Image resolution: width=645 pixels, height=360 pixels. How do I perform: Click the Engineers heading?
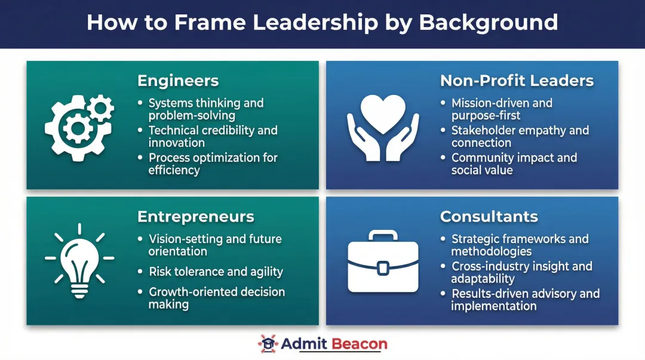pos(178,81)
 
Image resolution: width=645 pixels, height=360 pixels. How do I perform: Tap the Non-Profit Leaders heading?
pos(517,81)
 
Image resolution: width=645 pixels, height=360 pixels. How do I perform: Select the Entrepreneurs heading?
pos(195,216)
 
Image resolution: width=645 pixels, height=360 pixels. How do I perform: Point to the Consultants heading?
pos(489,216)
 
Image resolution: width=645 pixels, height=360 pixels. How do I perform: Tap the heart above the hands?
pos(383,113)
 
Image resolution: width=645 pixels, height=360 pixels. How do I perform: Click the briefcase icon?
pos(383,262)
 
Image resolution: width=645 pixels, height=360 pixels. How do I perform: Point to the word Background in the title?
pos(488,23)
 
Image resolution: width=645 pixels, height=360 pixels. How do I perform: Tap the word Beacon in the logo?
pos(359,344)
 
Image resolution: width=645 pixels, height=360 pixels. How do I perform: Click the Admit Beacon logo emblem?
pos(268,344)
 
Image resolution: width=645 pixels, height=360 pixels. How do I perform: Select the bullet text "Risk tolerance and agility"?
pos(216,272)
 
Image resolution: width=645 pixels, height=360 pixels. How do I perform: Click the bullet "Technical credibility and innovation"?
pos(213,136)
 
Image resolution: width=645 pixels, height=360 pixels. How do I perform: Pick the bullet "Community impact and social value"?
pos(514,164)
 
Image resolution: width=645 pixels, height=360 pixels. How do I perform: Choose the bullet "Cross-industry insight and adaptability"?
pos(521,272)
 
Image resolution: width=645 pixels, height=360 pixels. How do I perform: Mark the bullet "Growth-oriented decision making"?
pos(216,298)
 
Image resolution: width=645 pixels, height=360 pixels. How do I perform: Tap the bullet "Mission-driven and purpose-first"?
pos(502,109)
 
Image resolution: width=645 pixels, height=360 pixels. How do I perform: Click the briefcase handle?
pos(383,236)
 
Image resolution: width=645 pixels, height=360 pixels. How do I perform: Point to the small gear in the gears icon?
pos(100,109)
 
